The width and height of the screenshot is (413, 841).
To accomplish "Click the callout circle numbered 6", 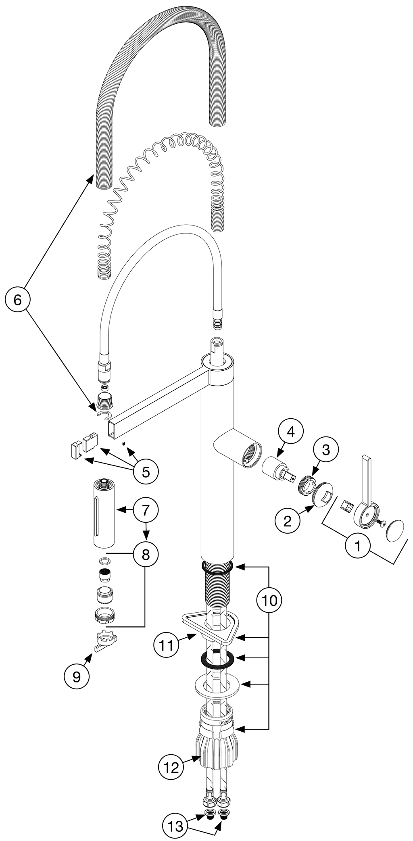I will pyautogui.click(x=17, y=299).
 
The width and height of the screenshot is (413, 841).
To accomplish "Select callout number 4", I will pyautogui.click(x=291, y=432).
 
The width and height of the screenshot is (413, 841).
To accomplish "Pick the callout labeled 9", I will pyautogui.click(x=77, y=676).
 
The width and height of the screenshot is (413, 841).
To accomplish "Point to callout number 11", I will pyautogui.click(x=166, y=645).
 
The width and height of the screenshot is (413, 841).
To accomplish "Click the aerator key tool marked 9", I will pyautogui.click(x=106, y=639).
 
